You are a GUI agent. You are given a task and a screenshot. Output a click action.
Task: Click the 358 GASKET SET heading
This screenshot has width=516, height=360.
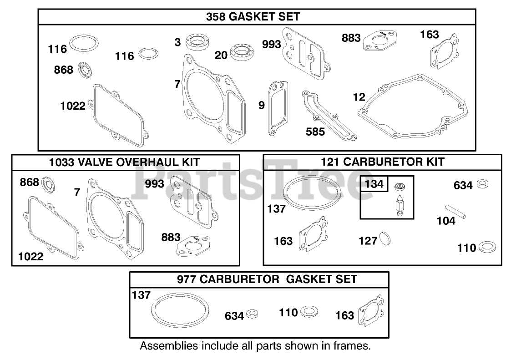point(253,17)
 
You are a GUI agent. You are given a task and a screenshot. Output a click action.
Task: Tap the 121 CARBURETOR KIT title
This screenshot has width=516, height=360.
point(382,162)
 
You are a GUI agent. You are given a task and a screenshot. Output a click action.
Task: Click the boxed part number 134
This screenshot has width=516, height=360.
point(374,184)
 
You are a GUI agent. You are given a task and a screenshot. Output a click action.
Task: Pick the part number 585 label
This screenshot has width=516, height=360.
point(315,132)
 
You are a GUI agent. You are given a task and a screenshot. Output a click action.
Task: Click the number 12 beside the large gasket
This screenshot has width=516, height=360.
point(359,97)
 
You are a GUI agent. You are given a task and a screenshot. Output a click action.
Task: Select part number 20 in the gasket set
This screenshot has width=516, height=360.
point(221,55)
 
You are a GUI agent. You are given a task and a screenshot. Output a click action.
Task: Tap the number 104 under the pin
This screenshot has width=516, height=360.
point(445,221)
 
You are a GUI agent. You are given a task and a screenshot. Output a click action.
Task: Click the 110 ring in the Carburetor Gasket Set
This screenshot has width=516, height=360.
point(309,312)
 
